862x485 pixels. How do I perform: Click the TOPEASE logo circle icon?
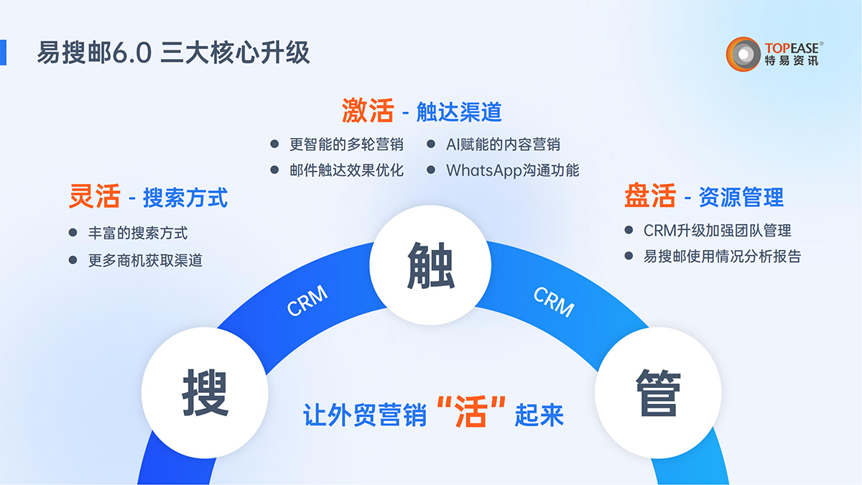point(743,54)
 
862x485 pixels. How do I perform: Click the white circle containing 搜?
point(205,393)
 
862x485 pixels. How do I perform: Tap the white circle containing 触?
point(430,265)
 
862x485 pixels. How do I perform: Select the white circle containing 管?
point(658,393)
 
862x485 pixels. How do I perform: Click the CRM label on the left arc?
point(307,300)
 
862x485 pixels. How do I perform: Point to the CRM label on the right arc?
point(554,302)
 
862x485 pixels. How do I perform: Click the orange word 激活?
point(368,111)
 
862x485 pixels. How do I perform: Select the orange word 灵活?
point(95,196)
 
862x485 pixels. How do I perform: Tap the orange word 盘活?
point(650,195)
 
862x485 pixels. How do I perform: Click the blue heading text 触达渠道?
point(459,112)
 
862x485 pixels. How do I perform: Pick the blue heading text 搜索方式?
point(185,198)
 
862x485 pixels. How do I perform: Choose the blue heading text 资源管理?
point(741,197)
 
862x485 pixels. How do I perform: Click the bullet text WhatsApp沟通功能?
point(513,170)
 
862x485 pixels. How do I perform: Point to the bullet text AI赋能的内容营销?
point(503,144)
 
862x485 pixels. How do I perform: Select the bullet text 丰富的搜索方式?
point(138,233)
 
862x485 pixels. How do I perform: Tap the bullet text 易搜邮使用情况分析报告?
point(723,256)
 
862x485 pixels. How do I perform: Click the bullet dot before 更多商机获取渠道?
point(73,260)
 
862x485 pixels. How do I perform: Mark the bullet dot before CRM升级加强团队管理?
point(629,230)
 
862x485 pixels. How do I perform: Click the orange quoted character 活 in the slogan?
point(471,412)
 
